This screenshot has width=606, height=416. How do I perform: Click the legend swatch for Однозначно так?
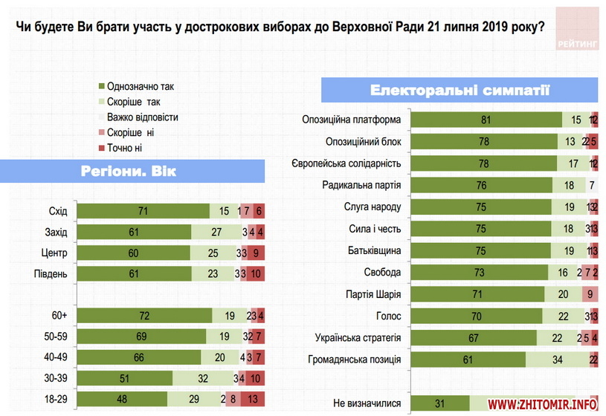(x=101, y=86)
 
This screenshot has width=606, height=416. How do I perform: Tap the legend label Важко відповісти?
(x=142, y=117)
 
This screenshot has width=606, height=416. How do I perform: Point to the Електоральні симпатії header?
(x=460, y=91)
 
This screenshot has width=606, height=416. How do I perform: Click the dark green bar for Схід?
(x=143, y=212)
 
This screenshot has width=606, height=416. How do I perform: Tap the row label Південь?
(x=51, y=274)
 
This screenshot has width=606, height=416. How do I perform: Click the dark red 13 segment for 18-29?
(x=253, y=400)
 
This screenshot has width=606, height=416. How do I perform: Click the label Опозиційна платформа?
(x=352, y=120)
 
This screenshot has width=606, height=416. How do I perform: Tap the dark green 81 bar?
(x=486, y=120)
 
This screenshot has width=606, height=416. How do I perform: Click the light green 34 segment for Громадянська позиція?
(x=556, y=360)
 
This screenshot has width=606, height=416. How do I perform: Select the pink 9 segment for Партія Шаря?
(x=590, y=293)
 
